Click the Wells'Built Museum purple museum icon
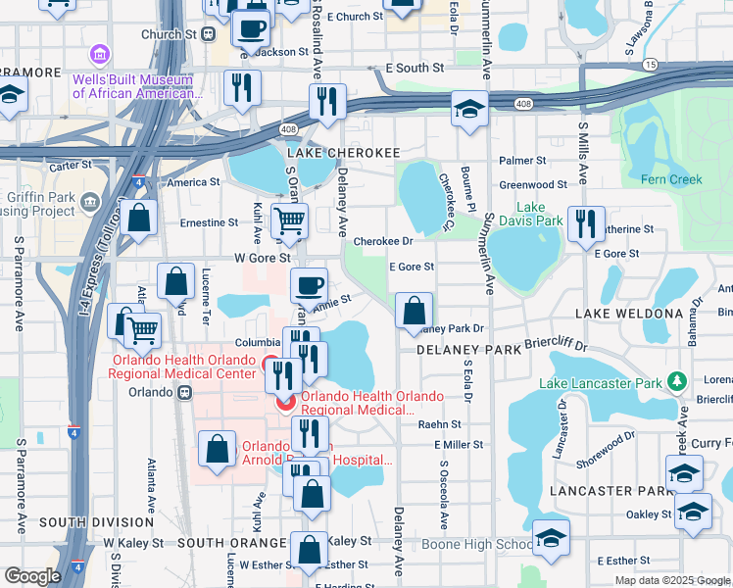[x=99, y=54]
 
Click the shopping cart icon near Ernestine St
[x=289, y=220]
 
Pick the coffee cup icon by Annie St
[x=309, y=286]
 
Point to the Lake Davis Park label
[x=540, y=214]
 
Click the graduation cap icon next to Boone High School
[x=551, y=538]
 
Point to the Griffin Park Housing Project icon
[x=91, y=202]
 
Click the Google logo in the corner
[x=32, y=576]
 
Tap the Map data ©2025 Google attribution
[x=672, y=580]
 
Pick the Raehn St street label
[x=439, y=424]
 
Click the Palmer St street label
[x=521, y=160]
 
